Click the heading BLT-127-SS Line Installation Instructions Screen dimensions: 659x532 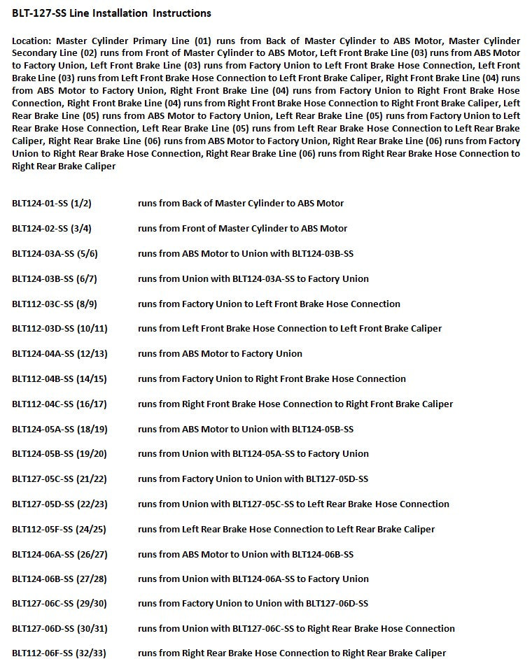pyautogui.click(x=111, y=13)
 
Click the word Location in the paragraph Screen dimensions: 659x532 pyautogui.click(x=31, y=41)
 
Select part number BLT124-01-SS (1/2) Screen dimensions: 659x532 pyautogui.click(x=52, y=203)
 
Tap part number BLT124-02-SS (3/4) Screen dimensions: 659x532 pyautogui.click(x=52, y=228)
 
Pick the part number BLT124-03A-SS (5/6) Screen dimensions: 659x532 pyautogui.click(x=55, y=253)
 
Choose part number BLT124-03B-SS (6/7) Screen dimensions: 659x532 pyautogui.click(x=55, y=278)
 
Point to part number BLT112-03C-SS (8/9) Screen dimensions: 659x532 pyautogui.click(x=55, y=304)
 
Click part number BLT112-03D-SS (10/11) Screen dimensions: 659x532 pyautogui.click(x=59, y=328)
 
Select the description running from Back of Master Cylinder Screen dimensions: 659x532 pyautogui.click(x=241, y=203)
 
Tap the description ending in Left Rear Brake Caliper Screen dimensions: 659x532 pyautogui.click(x=286, y=529)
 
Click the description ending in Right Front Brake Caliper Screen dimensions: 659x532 pyautogui.click(x=295, y=404)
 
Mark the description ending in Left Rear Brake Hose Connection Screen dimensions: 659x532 pyautogui.click(x=293, y=504)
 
